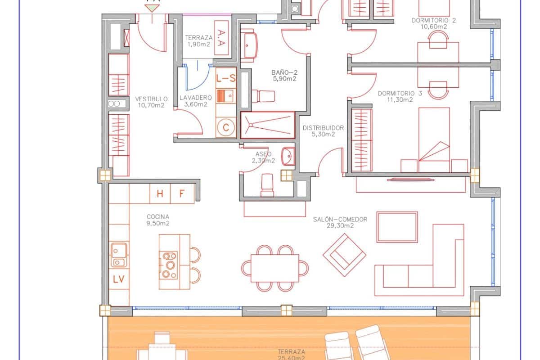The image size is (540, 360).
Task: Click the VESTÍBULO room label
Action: tap(151, 99)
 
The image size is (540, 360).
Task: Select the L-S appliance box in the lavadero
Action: tap(226, 78)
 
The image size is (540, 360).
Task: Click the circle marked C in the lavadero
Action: tap(226, 127)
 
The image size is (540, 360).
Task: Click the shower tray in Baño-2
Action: tap(267, 124)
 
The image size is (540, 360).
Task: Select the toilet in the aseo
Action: tap(267, 185)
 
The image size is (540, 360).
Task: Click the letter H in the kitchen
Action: tap(160, 194)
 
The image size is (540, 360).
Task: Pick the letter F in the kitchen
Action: tap(182, 194)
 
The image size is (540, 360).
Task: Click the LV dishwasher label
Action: tap(119, 279)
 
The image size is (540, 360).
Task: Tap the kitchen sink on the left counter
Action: tap(119, 255)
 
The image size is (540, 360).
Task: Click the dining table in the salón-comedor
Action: tap(275, 268)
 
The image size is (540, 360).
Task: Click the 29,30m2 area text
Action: tap(340, 226)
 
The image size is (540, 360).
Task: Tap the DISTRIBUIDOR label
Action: tap(323, 128)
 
